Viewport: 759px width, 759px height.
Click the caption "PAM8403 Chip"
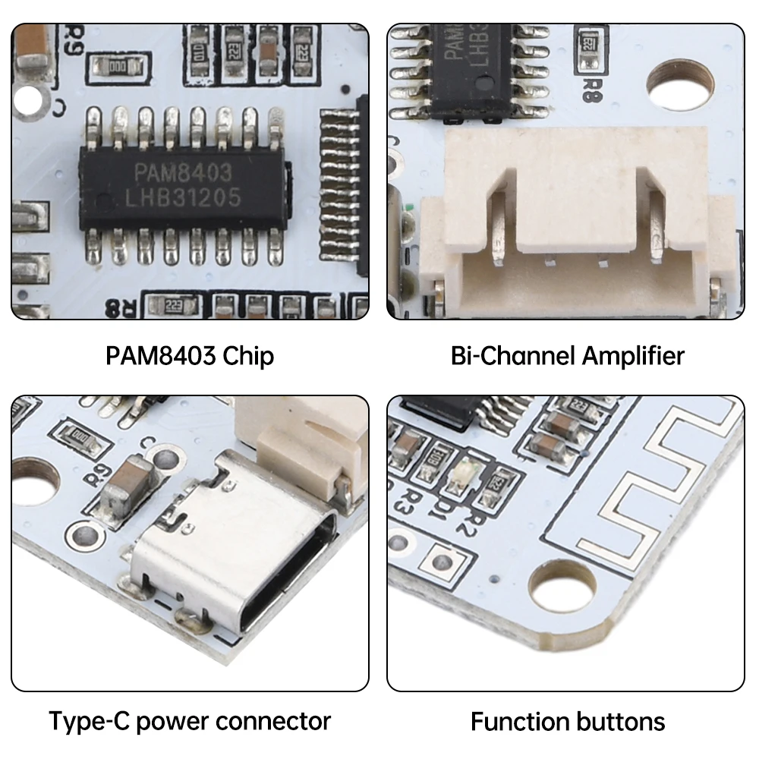[190, 355]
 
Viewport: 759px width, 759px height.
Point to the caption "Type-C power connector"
[190, 720]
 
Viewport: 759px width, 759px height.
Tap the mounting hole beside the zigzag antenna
[562, 587]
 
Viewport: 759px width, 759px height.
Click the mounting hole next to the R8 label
[679, 81]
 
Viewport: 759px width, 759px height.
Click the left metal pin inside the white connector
[497, 228]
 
